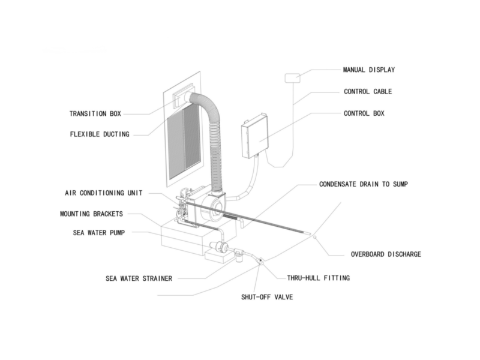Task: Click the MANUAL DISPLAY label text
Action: tap(368, 70)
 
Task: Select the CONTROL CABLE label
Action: tap(368, 92)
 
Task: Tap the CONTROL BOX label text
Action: tap(364, 113)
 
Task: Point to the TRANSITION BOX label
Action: tap(96, 113)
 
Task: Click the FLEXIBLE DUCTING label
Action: tap(99, 134)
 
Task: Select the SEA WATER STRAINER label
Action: tap(139, 278)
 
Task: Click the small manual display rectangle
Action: tap(292, 77)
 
